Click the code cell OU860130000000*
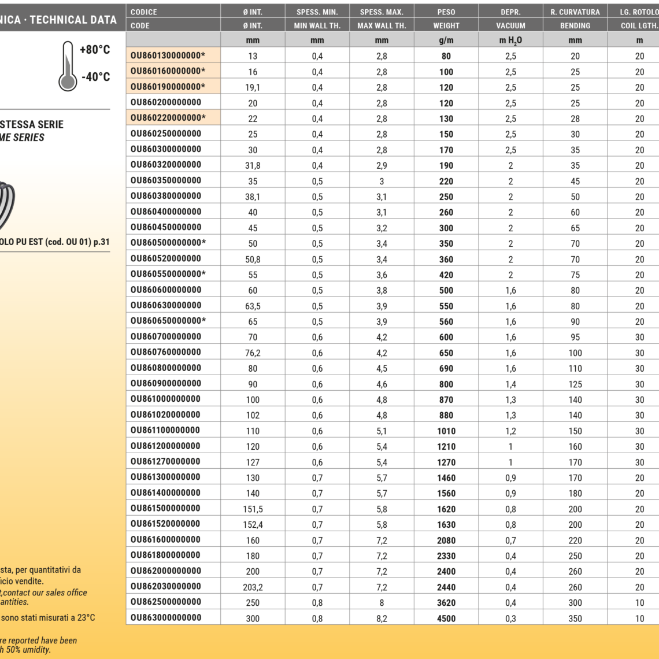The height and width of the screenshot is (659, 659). tap(168, 55)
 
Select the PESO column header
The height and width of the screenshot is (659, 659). tap(446, 12)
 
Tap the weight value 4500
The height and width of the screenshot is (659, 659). tap(446, 619)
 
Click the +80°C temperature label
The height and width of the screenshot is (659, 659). tap(95, 50)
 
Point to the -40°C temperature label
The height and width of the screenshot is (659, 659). tap(95, 77)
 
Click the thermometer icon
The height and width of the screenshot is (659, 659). tap(68, 66)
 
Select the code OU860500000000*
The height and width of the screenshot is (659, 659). tap(168, 243)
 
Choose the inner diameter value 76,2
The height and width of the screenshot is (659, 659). tap(253, 353)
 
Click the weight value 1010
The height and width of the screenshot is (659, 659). tap(446, 431)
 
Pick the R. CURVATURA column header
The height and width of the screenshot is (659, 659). tap(575, 12)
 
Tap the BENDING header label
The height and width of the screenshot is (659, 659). tap(575, 25)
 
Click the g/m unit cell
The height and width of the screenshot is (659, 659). tap(446, 40)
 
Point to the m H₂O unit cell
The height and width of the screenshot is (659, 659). tap(510, 40)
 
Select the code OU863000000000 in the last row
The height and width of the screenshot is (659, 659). tap(166, 617)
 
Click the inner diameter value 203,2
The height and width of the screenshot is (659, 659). tap(253, 587)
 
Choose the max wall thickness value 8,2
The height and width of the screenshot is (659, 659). tap(382, 619)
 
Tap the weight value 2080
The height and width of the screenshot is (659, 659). tap(446, 540)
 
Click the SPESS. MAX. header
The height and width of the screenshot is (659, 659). tap(382, 12)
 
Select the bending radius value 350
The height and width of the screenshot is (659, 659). tap(575, 619)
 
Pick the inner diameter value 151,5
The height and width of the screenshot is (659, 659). tap(253, 509)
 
